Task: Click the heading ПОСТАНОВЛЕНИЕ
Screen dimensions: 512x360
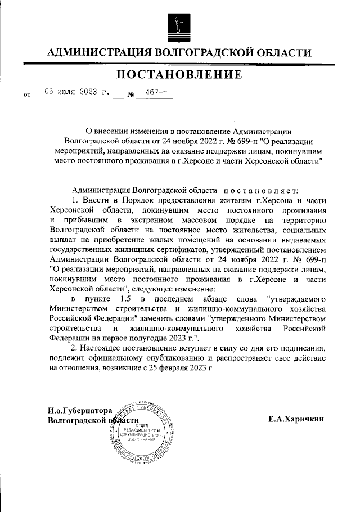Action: click(179, 74)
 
